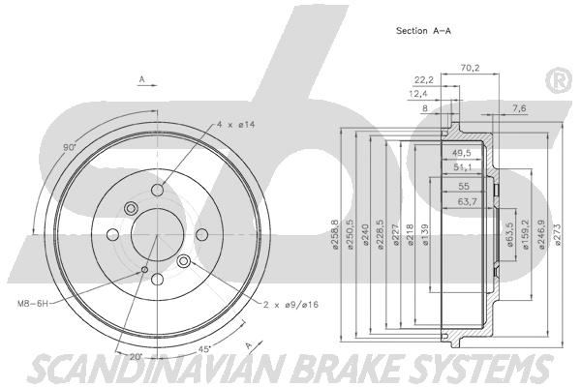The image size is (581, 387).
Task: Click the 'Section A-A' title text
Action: (423, 30)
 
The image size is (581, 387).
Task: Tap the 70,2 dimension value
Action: (472, 68)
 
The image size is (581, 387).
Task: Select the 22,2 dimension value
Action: (423, 80)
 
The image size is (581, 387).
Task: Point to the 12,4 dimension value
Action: (417, 94)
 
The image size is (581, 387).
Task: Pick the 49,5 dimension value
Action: (462, 153)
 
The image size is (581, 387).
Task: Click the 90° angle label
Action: (69, 148)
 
